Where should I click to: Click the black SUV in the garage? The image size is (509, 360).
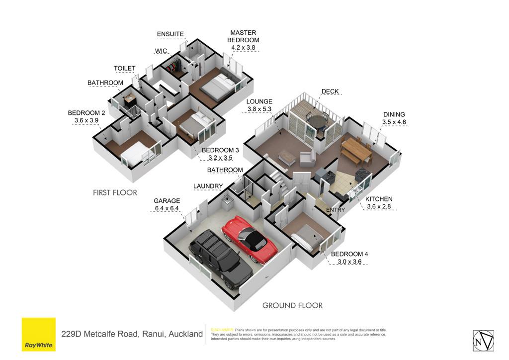221,259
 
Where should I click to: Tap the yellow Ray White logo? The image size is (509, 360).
39,334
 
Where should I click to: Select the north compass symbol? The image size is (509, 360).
483,341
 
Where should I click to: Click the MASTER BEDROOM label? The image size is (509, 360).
243,36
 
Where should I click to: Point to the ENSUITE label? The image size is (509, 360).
170,34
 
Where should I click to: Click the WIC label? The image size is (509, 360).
161,51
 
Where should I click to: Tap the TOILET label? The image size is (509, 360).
124,68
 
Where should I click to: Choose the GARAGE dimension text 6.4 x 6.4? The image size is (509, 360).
167,208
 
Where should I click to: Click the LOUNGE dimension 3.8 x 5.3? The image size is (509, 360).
259,109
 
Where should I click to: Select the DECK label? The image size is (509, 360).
330,91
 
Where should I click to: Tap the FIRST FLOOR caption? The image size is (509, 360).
115,192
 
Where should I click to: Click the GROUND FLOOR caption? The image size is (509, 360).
292,305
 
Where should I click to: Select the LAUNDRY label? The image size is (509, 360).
208,186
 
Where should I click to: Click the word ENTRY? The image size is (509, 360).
336,210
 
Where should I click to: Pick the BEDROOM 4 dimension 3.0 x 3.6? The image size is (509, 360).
349,262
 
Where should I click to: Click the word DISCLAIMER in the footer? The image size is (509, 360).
222,330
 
